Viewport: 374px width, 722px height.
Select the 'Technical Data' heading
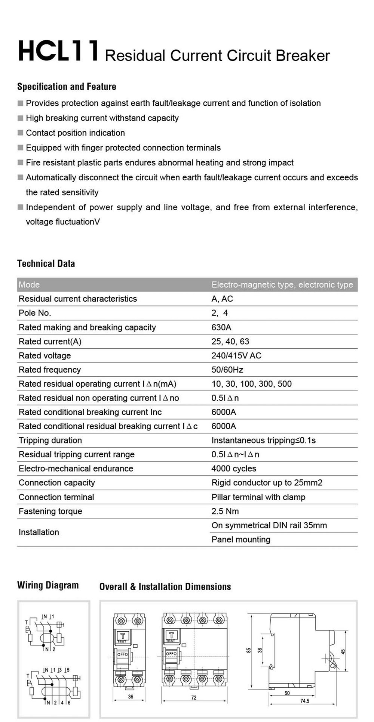tap(46, 264)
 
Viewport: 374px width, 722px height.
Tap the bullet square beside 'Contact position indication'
tap(21, 133)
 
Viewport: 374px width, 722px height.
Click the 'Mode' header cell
tap(29, 284)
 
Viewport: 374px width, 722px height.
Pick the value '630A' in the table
tap(221, 327)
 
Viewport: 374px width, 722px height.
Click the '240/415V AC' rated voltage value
tap(236, 355)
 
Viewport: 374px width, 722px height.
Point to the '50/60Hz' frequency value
tap(227, 370)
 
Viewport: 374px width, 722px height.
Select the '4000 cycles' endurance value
tap(234, 469)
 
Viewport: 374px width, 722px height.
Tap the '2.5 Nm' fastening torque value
tap(225, 511)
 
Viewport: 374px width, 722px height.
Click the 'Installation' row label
tap(39, 532)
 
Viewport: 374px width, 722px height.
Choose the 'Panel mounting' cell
tap(241, 539)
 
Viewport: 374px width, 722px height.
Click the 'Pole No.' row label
tap(35, 313)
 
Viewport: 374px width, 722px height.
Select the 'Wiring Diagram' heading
tap(48, 585)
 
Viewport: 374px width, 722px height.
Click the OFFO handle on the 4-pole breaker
tap(171, 653)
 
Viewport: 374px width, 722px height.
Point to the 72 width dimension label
tap(194, 697)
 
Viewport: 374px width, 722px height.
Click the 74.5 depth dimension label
tap(305, 701)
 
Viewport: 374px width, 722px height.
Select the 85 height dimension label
tap(249, 650)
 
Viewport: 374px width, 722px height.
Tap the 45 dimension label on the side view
tap(343, 651)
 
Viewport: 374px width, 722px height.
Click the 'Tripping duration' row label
tap(50, 440)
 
